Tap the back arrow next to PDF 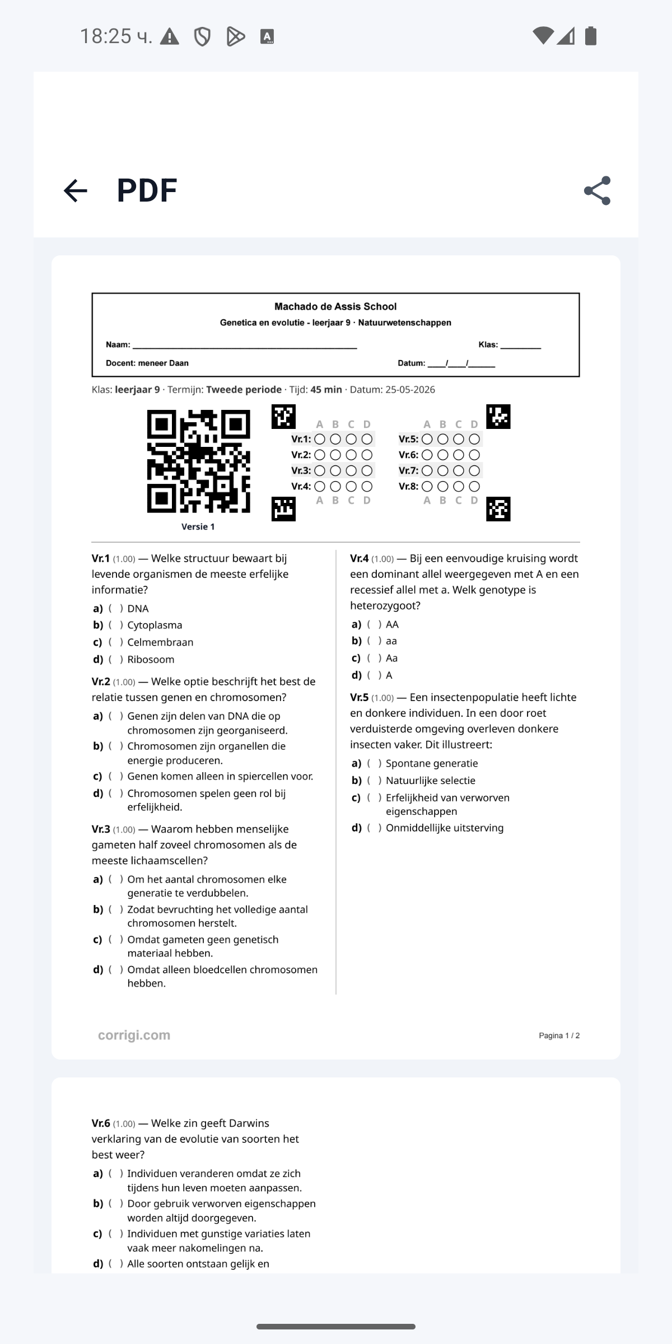(76, 190)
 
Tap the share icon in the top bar (597, 190)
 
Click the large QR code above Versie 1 (199, 461)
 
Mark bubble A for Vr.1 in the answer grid (320, 439)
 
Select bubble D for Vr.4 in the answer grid (367, 486)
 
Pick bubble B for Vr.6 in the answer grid (442, 455)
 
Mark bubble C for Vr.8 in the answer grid (458, 486)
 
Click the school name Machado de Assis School (335, 306)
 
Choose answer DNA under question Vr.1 (138, 609)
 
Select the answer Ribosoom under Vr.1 (151, 660)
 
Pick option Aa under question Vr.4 (391, 658)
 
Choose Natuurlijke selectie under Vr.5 (431, 781)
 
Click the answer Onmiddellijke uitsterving (445, 828)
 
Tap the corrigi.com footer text (134, 1035)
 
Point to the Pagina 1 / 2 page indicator (559, 1035)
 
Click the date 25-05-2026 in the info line (410, 390)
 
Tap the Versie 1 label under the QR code (198, 526)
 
